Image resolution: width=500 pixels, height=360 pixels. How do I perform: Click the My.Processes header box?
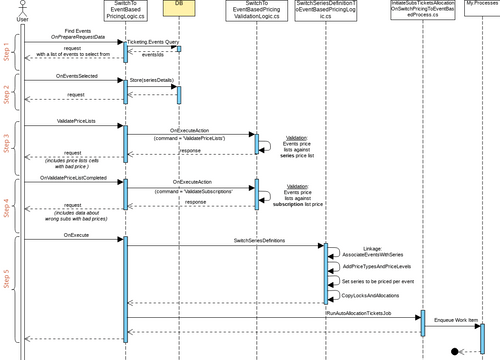[482, 8]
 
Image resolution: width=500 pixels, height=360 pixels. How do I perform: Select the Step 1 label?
[7, 49]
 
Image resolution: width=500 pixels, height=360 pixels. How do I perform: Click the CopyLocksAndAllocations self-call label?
[371, 296]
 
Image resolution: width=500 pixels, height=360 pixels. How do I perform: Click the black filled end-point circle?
[457, 351]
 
